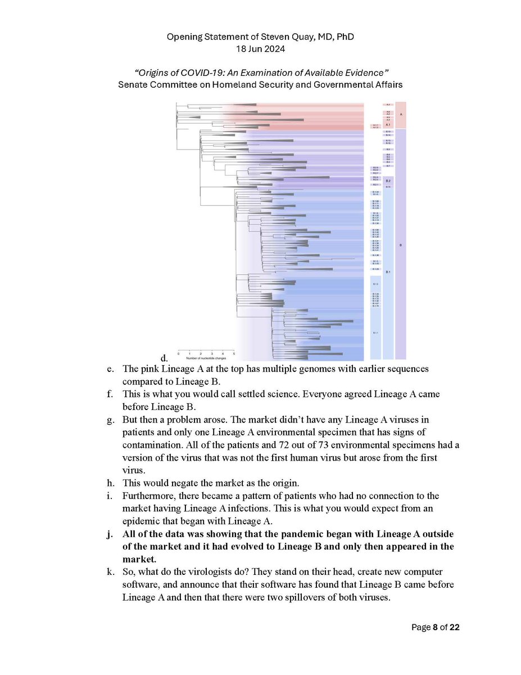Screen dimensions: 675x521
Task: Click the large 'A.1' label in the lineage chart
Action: pos(388,124)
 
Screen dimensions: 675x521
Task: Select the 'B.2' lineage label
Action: pos(388,181)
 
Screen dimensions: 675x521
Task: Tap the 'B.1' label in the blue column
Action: pos(388,272)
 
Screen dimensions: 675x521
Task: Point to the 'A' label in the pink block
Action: pos(400,114)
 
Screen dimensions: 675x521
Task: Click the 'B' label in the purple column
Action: pos(400,245)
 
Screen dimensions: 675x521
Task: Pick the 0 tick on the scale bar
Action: pos(178,353)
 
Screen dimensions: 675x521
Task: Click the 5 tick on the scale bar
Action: pos(234,353)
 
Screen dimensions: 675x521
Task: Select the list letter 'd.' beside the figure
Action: pos(164,358)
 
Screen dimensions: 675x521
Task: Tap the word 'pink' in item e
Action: pos(150,369)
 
